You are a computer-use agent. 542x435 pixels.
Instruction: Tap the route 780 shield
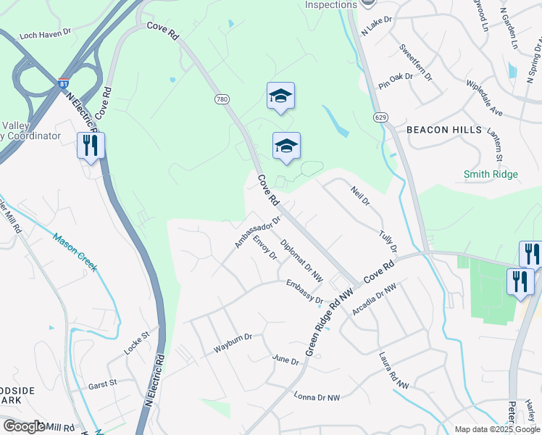[221, 98]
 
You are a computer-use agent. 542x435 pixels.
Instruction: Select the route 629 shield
[381, 117]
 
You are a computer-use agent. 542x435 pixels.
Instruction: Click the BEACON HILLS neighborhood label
[444, 129]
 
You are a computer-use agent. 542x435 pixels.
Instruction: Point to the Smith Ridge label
[491, 174]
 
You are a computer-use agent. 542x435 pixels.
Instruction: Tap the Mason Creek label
[75, 251]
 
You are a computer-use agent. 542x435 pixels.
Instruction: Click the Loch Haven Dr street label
[46, 33]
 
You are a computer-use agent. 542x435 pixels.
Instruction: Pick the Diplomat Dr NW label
[301, 260]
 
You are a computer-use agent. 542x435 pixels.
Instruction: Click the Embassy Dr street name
[304, 291]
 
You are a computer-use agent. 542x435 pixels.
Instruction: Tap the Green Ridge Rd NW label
[328, 320]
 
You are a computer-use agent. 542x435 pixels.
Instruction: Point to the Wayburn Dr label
[232, 344]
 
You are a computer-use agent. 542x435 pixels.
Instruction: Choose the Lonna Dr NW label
[317, 397]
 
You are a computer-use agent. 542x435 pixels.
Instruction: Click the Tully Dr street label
[388, 241]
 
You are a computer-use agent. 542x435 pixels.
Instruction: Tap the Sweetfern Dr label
[415, 61]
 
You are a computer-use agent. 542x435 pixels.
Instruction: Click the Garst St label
[102, 384]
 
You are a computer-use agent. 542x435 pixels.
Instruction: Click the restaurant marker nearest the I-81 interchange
[91, 146]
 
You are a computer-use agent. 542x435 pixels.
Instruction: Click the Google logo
[24, 426]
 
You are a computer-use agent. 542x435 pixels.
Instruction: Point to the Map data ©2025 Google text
[496, 429]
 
